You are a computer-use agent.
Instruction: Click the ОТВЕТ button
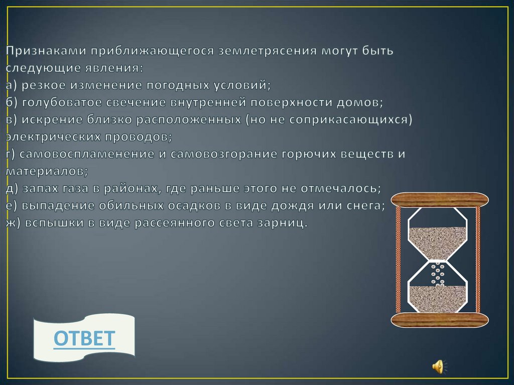(84, 338)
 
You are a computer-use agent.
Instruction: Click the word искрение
(46, 120)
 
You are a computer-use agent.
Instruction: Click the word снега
(366, 205)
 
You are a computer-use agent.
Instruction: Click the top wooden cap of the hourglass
(440, 200)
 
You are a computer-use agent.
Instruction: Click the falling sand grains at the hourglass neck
(438, 274)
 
